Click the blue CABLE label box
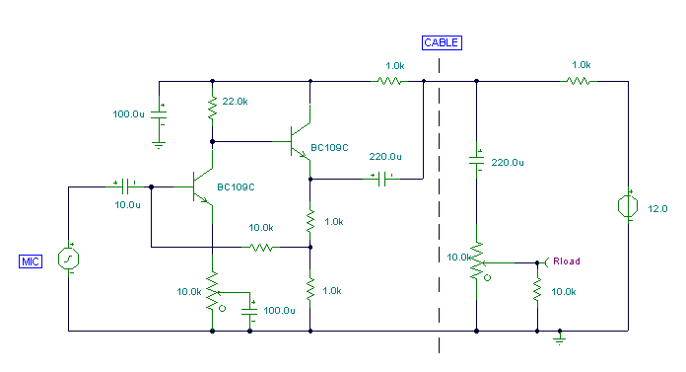point(441,42)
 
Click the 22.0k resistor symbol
point(212,107)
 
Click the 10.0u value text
point(128,204)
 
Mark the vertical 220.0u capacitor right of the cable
point(476,161)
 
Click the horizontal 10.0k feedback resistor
point(261,247)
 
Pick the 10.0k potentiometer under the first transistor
point(212,294)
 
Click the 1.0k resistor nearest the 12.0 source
point(580,81)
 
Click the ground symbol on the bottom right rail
point(559,337)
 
